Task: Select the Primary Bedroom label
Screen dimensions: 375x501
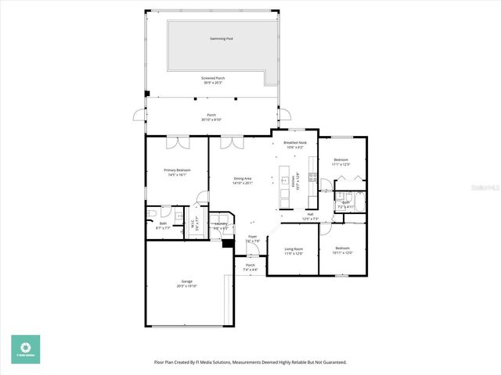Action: pos(176,170)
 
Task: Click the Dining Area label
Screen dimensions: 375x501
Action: pos(243,179)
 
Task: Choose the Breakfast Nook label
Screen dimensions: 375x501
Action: pos(295,143)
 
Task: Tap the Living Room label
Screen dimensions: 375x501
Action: pos(294,248)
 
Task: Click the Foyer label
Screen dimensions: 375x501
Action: pos(252,237)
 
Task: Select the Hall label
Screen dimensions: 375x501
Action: pos(310,214)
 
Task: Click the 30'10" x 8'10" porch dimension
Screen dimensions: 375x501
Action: pos(211,120)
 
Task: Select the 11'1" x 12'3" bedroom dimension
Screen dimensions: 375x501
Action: pos(340,164)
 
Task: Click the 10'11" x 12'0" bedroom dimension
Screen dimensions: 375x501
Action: pos(343,253)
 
